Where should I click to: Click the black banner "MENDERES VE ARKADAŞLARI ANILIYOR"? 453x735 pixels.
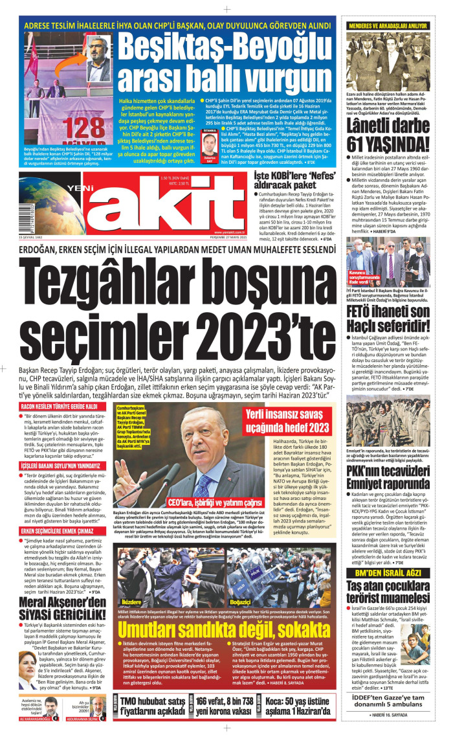click(389, 25)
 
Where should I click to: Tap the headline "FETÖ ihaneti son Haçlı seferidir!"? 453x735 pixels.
click(389, 319)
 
